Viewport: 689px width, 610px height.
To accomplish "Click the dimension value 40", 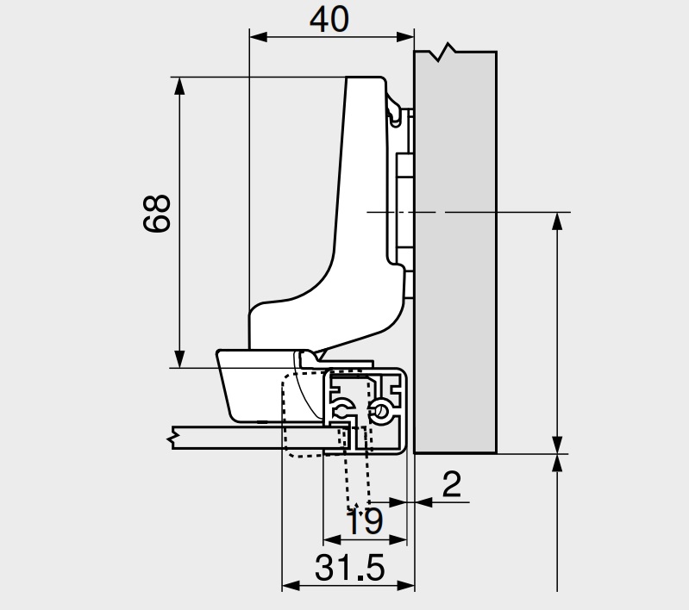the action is click(329, 20).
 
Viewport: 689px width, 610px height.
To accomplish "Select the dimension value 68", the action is click(156, 214).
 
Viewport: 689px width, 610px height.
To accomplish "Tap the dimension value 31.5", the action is click(350, 568).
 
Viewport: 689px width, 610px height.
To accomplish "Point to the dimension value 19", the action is click(365, 521).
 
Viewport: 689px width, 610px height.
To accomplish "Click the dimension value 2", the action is click(451, 484).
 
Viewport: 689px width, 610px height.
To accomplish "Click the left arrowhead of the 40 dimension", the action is click(259, 37).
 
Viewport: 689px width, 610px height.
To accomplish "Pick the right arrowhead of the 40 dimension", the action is click(405, 37).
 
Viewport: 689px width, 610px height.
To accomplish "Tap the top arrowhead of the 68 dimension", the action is click(179, 86).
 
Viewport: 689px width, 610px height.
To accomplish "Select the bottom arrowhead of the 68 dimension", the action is click(179, 358).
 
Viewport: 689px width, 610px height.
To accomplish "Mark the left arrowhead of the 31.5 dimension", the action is click(291, 585).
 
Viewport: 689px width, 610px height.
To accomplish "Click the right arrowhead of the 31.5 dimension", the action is click(405, 585).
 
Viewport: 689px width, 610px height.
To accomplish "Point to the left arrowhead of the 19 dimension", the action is click(332, 539).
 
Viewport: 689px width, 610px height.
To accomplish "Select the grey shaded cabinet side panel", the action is click(455, 252).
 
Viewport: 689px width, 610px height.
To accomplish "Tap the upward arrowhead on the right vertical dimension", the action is click(557, 221).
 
